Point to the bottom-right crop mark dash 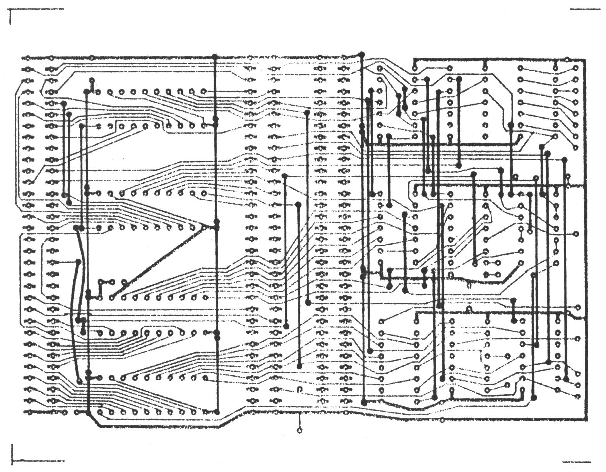click(x=577, y=462)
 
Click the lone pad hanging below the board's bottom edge click(x=299, y=430)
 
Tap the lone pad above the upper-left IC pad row click(x=92, y=81)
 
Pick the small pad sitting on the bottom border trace click(x=443, y=420)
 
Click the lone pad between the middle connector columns click(x=299, y=389)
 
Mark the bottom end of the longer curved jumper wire click(x=80, y=381)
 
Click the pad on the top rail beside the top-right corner click(x=567, y=60)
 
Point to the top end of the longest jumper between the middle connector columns click(x=307, y=113)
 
